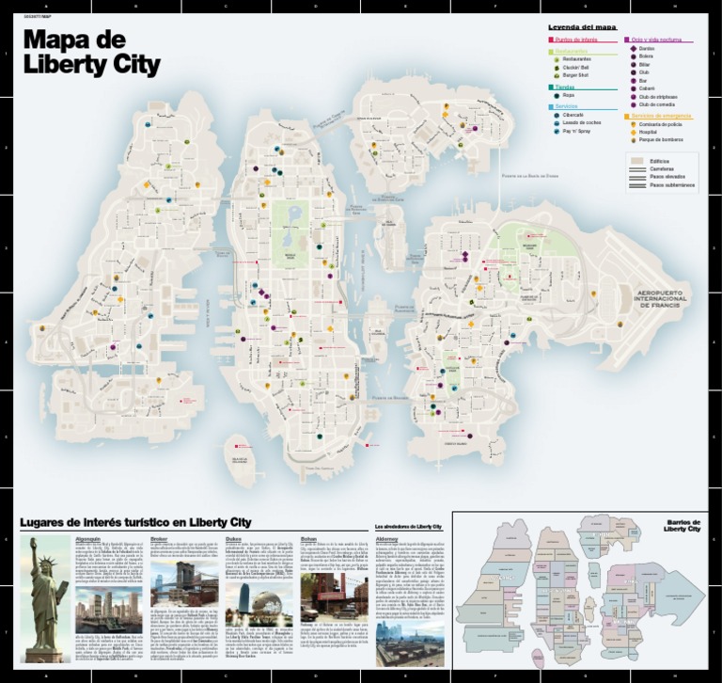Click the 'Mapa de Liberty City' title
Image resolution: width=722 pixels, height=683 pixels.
point(90,54)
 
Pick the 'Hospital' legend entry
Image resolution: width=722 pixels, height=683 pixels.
point(646,133)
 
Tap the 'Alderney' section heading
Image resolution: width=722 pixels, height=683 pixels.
point(386,538)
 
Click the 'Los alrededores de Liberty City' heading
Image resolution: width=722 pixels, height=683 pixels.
point(408,525)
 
